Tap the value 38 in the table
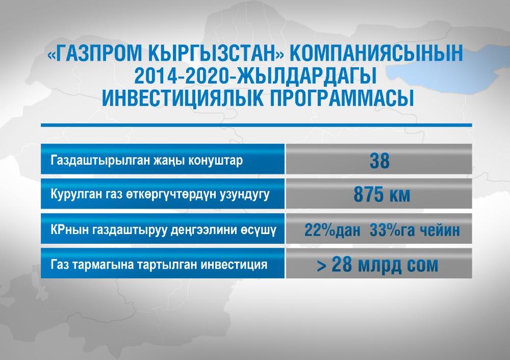[x=379, y=161]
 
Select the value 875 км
[x=382, y=195]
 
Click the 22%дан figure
[x=333, y=230]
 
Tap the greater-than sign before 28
[x=321, y=266]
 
